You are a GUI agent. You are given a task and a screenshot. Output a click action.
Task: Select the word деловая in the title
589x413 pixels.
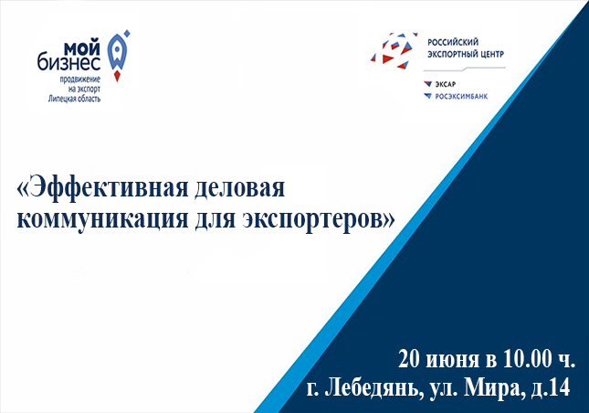[x=239, y=187]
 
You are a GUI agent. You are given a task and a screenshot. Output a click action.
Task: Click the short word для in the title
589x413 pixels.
[x=214, y=220]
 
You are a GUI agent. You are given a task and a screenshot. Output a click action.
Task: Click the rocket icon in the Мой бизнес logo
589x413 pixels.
[x=119, y=57]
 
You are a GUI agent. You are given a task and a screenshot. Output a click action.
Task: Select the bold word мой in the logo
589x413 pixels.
[x=82, y=48]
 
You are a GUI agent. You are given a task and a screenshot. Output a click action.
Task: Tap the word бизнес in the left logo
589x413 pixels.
[x=68, y=62]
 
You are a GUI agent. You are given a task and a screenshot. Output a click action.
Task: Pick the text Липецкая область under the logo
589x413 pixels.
[x=74, y=99]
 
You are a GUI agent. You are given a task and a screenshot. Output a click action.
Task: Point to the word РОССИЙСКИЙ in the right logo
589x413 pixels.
[x=453, y=42]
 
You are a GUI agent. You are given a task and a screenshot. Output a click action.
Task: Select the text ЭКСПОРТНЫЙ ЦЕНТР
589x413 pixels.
[x=466, y=54]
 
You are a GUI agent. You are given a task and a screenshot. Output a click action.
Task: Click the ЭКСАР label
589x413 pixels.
[x=445, y=84]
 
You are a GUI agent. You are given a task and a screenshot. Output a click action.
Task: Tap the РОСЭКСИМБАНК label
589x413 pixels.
[x=461, y=97]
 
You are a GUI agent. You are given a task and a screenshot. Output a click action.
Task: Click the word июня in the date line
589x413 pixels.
[x=453, y=361]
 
